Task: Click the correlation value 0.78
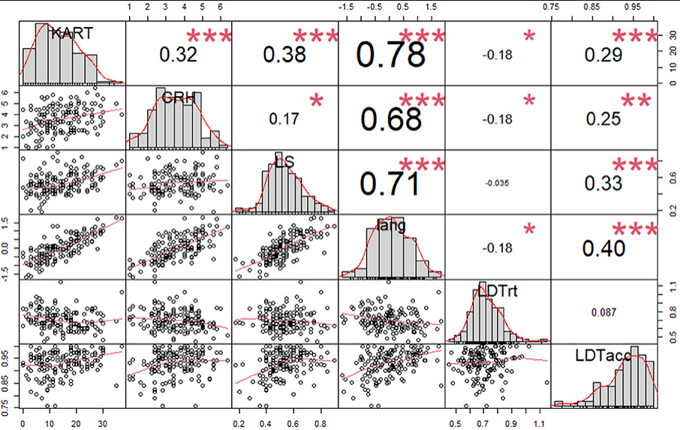[x=390, y=54]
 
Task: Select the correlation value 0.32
[x=178, y=54]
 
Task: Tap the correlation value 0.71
[x=390, y=182]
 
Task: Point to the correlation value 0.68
[x=390, y=119]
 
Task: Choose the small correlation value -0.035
[x=497, y=182]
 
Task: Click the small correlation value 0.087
[x=603, y=311]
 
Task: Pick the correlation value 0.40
[x=603, y=248]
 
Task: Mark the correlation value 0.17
[x=284, y=119]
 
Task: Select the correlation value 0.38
[x=284, y=54]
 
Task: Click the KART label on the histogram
[x=72, y=33]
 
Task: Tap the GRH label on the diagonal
[x=179, y=97]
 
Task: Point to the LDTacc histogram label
[x=603, y=354]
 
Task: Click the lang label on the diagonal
[x=391, y=225]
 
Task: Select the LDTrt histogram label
[x=497, y=290]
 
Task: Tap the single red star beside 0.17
[x=317, y=100]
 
